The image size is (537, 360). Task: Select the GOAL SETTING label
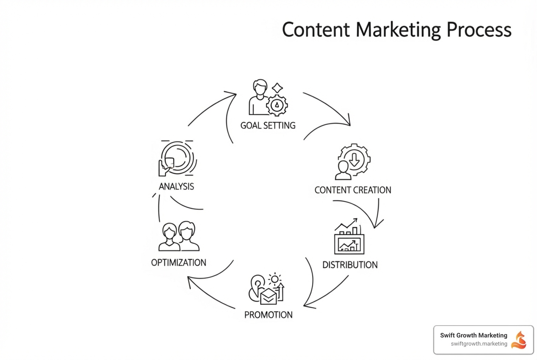[x=268, y=126]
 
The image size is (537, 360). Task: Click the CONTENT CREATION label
[x=353, y=190]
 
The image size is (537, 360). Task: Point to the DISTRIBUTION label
[x=350, y=265]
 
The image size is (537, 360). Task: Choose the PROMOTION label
[x=268, y=315]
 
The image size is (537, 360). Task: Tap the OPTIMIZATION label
[x=178, y=262]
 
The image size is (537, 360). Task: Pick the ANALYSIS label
[x=176, y=186]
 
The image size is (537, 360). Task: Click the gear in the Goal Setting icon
[x=277, y=105]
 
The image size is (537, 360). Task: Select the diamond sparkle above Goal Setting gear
[x=277, y=88]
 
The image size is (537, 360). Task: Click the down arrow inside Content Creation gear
[x=354, y=159]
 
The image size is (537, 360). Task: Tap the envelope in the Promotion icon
[x=268, y=296]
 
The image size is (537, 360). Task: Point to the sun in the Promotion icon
[x=275, y=279]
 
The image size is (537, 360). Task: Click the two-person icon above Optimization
[x=179, y=236]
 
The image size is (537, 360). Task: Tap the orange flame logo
[x=519, y=340]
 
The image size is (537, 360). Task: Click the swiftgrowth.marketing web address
[x=479, y=344]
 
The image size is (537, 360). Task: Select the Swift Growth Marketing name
[x=473, y=335]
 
